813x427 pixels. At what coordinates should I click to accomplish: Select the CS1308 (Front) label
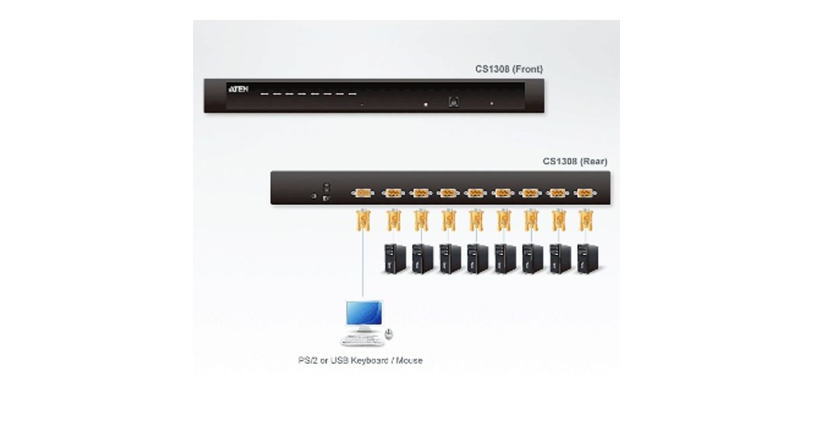click(x=508, y=69)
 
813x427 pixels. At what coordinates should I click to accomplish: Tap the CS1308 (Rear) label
click(x=575, y=161)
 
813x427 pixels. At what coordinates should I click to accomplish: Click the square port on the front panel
click(x=453, y=102)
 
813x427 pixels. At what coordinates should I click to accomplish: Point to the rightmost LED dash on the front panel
click(x=352, y=94)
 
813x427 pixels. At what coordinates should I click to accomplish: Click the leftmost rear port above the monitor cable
click(x=362, y=193)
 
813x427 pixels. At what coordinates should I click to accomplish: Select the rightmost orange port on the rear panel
click(x=585, y=193)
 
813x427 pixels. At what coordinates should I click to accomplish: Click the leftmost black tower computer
click(x=394, y=258)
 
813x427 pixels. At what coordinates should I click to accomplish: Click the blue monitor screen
click(x=362, y=314)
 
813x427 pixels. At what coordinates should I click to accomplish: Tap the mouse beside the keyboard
click(x=388, y=333)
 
